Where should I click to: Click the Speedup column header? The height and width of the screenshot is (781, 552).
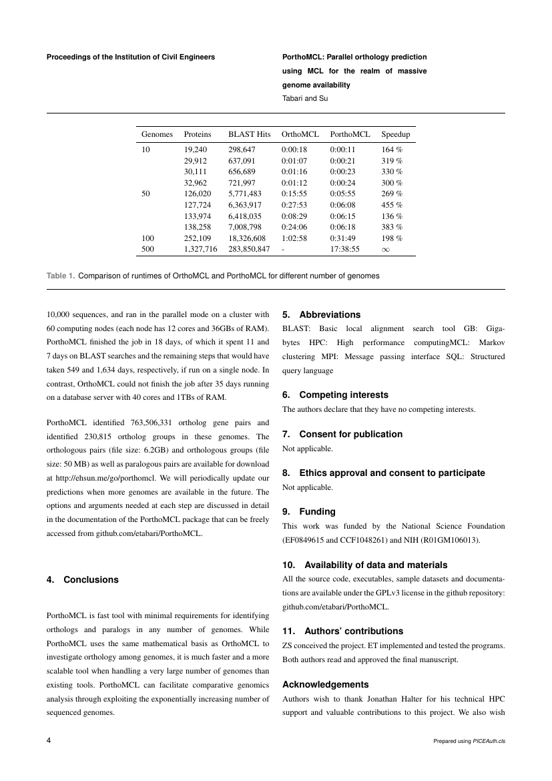tap(395, 134)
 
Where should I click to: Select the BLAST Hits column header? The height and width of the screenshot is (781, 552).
tap(249, 134)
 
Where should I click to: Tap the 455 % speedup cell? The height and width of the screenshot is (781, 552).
tap(391, 205)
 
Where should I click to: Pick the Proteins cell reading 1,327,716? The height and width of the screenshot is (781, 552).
tap(200, 249)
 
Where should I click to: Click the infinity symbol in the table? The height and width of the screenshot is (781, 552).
tap(385, 249)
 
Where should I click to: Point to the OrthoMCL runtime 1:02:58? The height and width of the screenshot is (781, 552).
tap(294, 238)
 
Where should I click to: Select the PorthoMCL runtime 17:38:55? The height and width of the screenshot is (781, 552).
tap(344, 249)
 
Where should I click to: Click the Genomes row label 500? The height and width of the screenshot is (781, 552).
tap(148, 249)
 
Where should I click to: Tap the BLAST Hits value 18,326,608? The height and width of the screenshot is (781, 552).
tap(247, 238)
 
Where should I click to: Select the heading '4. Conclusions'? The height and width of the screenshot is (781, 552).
tap(82, 580)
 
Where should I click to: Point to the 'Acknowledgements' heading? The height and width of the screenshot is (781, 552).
tap(325, 684)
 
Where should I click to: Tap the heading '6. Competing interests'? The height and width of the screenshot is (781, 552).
tap(335, 395)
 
